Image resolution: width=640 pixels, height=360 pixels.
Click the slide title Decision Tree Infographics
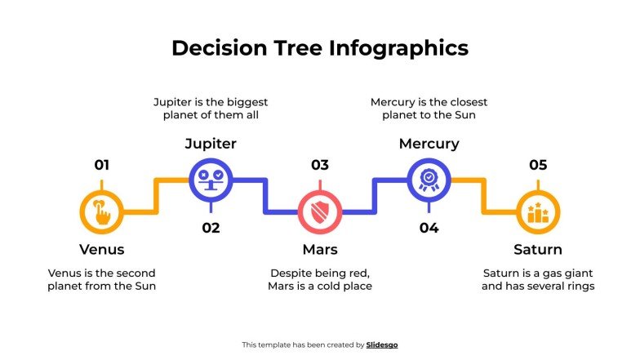(x=320, y=48)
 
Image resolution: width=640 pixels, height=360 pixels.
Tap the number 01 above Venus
(x=101, y=165)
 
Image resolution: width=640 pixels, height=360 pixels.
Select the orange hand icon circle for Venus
(x=102, y=212)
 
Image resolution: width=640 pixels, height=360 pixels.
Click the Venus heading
(x=102, y=249)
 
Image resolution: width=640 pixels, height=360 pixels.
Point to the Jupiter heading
(x=211, y=144)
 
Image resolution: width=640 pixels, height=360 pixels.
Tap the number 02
(x=211, y=228)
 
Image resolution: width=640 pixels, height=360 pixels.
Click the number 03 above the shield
(x=319, y=165)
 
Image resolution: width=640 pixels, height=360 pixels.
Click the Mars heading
(x=319, y=249)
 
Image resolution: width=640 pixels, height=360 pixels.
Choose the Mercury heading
(x=429, y=144)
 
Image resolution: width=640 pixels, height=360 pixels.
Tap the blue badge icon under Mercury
(x=429, y=179)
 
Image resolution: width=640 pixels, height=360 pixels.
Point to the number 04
(x=429, y=228)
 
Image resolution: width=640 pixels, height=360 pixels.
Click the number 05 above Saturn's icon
(x=538, y=165)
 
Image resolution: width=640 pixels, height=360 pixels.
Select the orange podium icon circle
(x=538, y=212)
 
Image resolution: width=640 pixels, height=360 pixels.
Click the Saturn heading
(x=538, y=249)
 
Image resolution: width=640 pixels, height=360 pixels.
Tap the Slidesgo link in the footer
(x=382, y=345)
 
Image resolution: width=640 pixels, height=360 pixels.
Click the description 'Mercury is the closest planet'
(x=429, y=109)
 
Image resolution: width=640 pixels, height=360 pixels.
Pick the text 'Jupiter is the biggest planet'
(x=211, y=109)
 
